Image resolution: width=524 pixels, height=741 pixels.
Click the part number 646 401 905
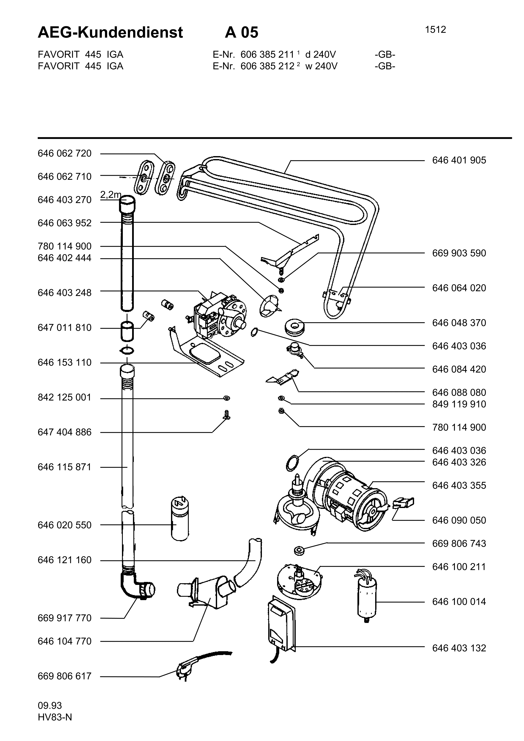tap(459, 160)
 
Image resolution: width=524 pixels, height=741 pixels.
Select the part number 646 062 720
tap(64, 153)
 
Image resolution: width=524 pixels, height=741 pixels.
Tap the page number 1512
tap(435, 30)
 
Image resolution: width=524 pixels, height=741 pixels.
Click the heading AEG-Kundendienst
tap(110, 33)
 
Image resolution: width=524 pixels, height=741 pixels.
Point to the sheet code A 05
tap(242, 33)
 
